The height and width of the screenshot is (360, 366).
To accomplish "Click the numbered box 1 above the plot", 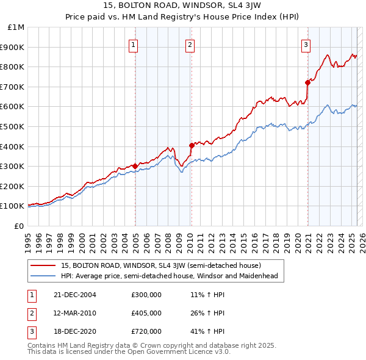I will coord(133,44).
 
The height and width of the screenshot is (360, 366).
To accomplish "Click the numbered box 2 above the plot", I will coord(190,44).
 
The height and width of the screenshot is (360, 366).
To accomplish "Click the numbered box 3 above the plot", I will coord(305,44).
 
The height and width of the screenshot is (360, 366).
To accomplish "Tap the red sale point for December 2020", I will coord(307,82).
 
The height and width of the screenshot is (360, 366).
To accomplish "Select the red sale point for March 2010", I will coord(192,145).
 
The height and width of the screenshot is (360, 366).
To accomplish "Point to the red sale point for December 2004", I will coord(135,166).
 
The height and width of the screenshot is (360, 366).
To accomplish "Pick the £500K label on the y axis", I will coord(13,126).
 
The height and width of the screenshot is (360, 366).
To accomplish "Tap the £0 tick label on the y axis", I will coord(20,226).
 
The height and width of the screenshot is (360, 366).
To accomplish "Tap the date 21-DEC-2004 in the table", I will coord(75,295).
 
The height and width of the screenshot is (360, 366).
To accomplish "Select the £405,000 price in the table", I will coord(146,313).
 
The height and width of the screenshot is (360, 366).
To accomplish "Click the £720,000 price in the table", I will coord(146,331).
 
